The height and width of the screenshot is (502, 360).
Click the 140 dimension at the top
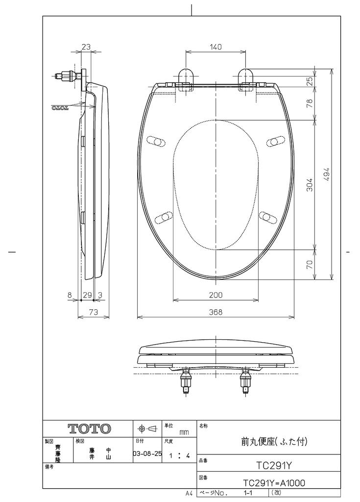click(216, 47)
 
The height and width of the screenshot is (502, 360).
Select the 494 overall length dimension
click(327, 174)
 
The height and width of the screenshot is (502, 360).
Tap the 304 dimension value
click(310, 184)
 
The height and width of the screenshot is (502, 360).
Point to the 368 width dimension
click(216, 312)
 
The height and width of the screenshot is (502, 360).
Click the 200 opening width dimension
click(216, 295)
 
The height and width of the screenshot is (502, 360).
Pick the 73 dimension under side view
click(93, 312)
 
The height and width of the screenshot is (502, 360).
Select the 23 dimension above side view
click(86, 47)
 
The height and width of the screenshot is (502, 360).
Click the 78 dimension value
click(310, 103)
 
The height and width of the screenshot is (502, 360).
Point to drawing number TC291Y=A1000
click(274, 483)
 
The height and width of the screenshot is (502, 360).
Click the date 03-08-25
click(147, 454)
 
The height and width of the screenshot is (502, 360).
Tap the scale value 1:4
click(179, 455)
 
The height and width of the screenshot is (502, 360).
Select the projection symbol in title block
click(147, 428)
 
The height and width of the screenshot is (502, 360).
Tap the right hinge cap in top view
click(245, 77)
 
